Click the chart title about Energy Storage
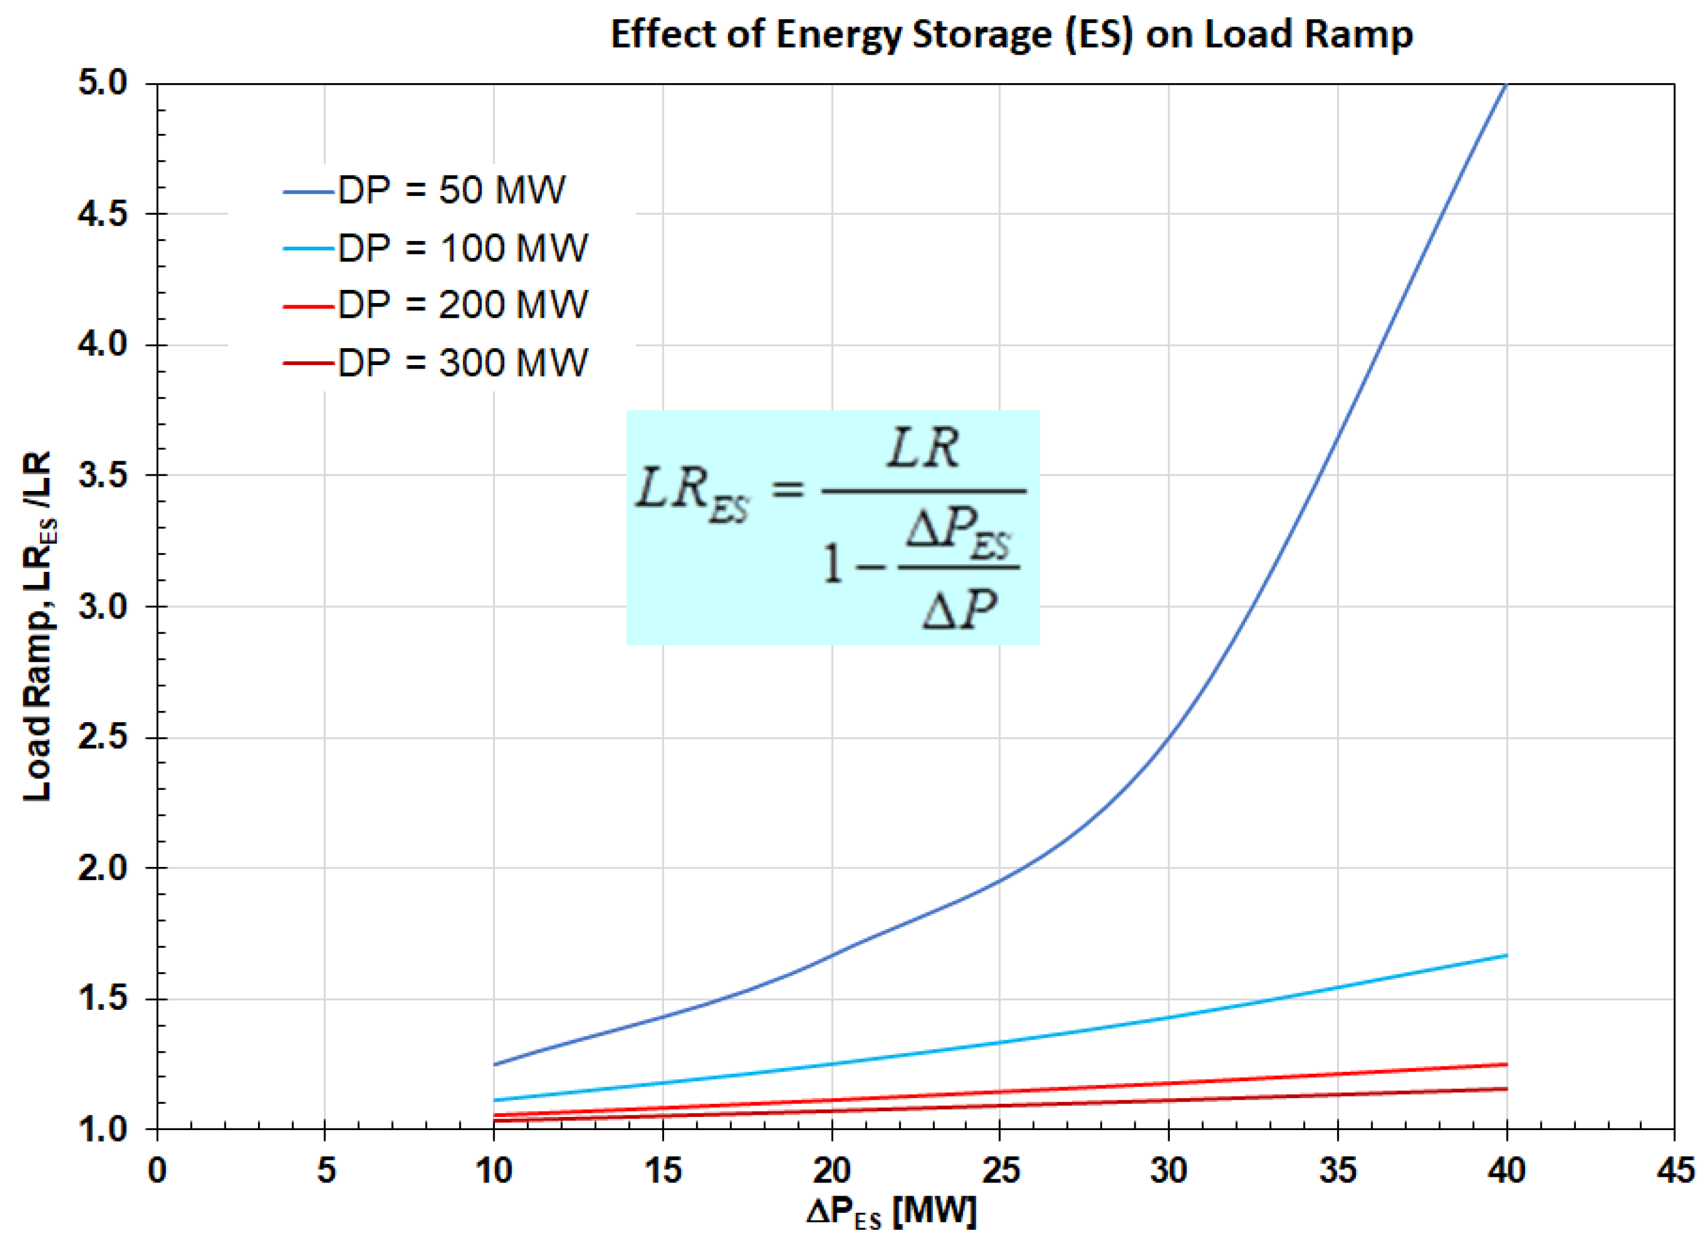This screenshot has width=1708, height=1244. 1011,35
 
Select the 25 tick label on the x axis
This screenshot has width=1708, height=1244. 1001,1171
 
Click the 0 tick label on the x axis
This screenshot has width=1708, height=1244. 157,1171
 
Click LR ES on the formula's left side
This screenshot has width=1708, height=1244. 691,494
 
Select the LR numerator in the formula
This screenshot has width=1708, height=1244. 923,449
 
